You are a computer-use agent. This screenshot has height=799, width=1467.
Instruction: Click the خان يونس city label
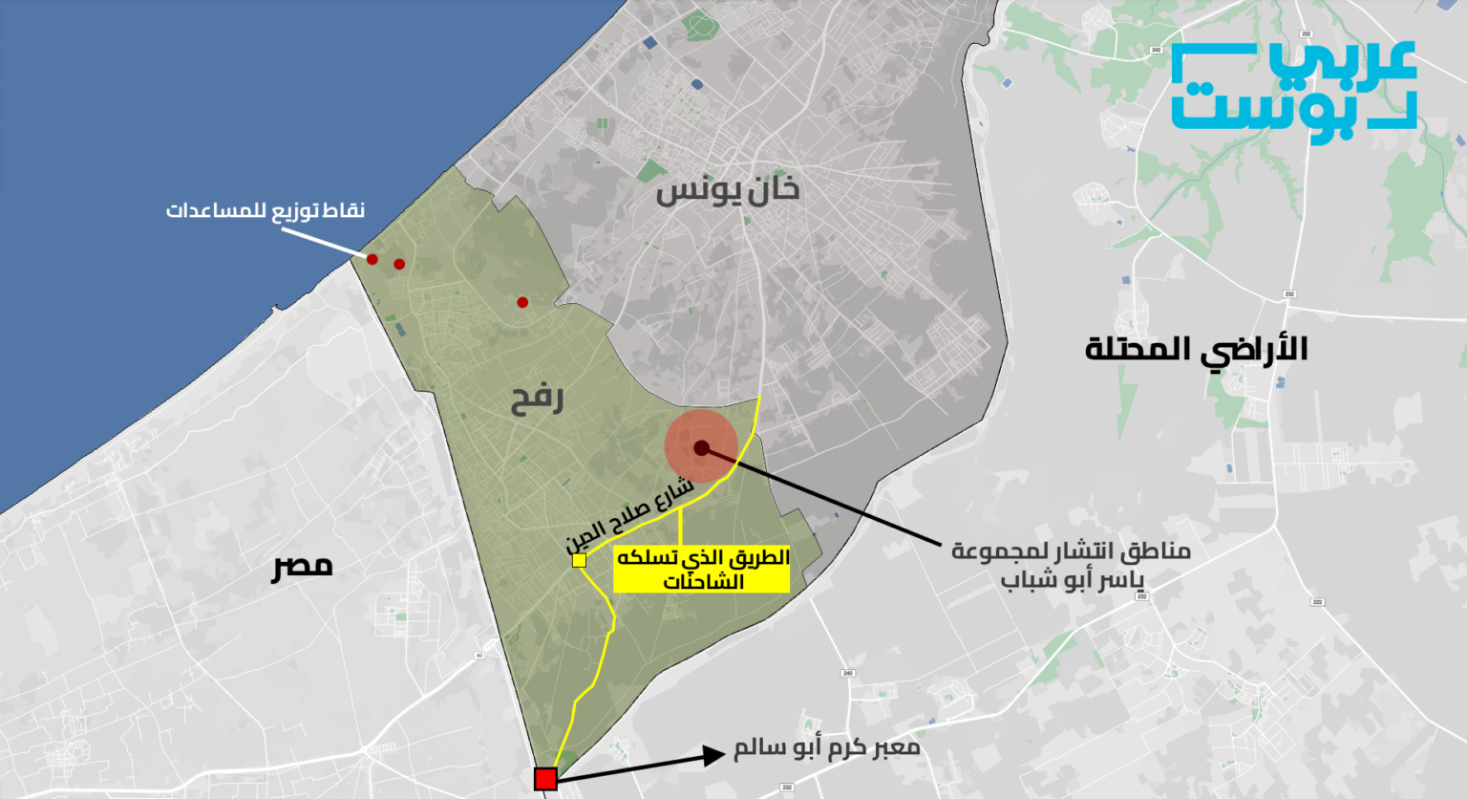click(727, 190)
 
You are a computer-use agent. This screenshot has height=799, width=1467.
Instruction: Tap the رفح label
click(537, 399)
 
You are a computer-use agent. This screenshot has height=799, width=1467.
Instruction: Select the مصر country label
click(303, 565)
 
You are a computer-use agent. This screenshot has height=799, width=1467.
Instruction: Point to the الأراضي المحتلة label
click(1196, 348)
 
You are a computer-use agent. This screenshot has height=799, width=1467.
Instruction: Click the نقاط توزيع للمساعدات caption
click(266, 210)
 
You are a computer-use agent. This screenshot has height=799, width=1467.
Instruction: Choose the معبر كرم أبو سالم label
click(826, 747)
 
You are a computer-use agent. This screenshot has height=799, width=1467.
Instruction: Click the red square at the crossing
click(545, 779)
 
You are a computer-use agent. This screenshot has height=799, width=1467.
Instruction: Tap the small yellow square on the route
click(579, 560)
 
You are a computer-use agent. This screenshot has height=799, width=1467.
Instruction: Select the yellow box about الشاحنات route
click(702, 570)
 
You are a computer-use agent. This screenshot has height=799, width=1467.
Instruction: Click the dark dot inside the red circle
click(701, 447)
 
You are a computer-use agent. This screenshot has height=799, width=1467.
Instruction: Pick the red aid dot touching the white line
click(372, 259)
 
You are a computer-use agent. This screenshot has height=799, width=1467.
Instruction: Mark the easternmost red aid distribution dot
click(522, 303)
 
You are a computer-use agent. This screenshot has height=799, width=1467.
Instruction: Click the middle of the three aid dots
click(399, 265)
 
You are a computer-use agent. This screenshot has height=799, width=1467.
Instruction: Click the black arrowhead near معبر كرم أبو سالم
click(713, 756)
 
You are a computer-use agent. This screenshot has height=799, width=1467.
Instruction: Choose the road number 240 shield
click(847, 673)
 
